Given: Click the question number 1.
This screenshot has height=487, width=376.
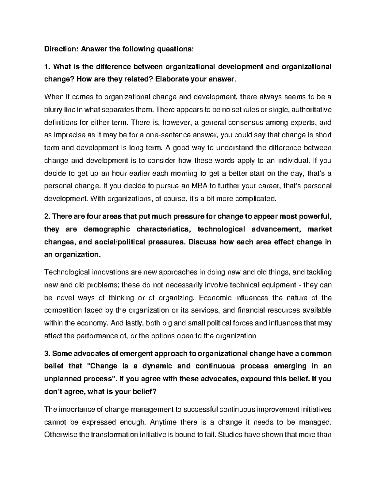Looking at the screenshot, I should (x=47, y=67).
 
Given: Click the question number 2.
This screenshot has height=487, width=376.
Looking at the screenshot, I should (x=47, y=216).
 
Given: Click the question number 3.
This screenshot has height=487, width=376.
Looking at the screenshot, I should (x=47, y=353).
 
